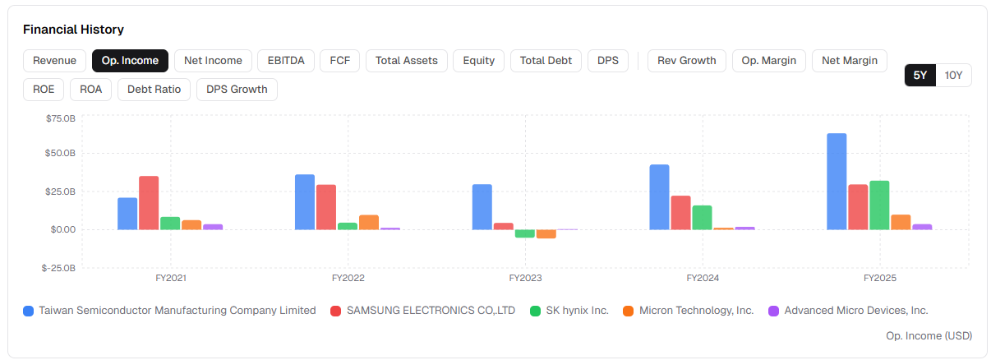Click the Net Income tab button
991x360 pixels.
tap(213, 61)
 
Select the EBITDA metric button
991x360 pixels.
tap(286, 61)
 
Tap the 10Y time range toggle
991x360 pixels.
tap(953, 75)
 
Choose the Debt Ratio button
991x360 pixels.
tap(154, 90)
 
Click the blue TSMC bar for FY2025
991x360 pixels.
tap(837, 182)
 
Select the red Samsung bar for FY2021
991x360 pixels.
tap(149, 203)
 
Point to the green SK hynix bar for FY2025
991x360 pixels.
tap(879, 205)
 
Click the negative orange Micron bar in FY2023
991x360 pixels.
tap(546, 234)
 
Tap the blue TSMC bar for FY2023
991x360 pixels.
tap(482, 207)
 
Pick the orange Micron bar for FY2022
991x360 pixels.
tap(368, 223)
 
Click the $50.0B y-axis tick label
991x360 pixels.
tap(60, 153)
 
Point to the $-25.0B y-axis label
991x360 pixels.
tap(58, 268)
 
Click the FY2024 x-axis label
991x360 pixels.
tap(703, 278)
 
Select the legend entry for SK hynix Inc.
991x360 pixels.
tap(569, 311)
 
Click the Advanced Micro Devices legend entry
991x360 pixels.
tap(848, 311)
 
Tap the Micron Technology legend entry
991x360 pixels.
tap(688, 311)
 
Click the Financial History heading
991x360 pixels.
tap(73, 30)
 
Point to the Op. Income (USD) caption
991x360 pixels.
tap(929, 335)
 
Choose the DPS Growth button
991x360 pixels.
tap(237, 90)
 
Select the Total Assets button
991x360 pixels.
tap(407, 61)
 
